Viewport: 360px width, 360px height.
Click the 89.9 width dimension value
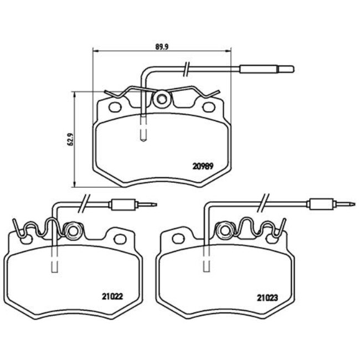161,47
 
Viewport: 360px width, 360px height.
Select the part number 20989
203,164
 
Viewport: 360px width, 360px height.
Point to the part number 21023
268,296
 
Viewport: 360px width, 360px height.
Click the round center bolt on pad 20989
162,100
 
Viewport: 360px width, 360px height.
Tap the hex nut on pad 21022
72,229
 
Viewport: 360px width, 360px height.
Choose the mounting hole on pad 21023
178,238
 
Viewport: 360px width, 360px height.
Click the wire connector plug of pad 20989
265,69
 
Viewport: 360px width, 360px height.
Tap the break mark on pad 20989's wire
188,69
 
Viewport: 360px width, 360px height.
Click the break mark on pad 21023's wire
264,204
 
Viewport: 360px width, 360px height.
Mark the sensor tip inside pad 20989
143,131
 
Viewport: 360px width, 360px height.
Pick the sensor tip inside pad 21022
54,264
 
